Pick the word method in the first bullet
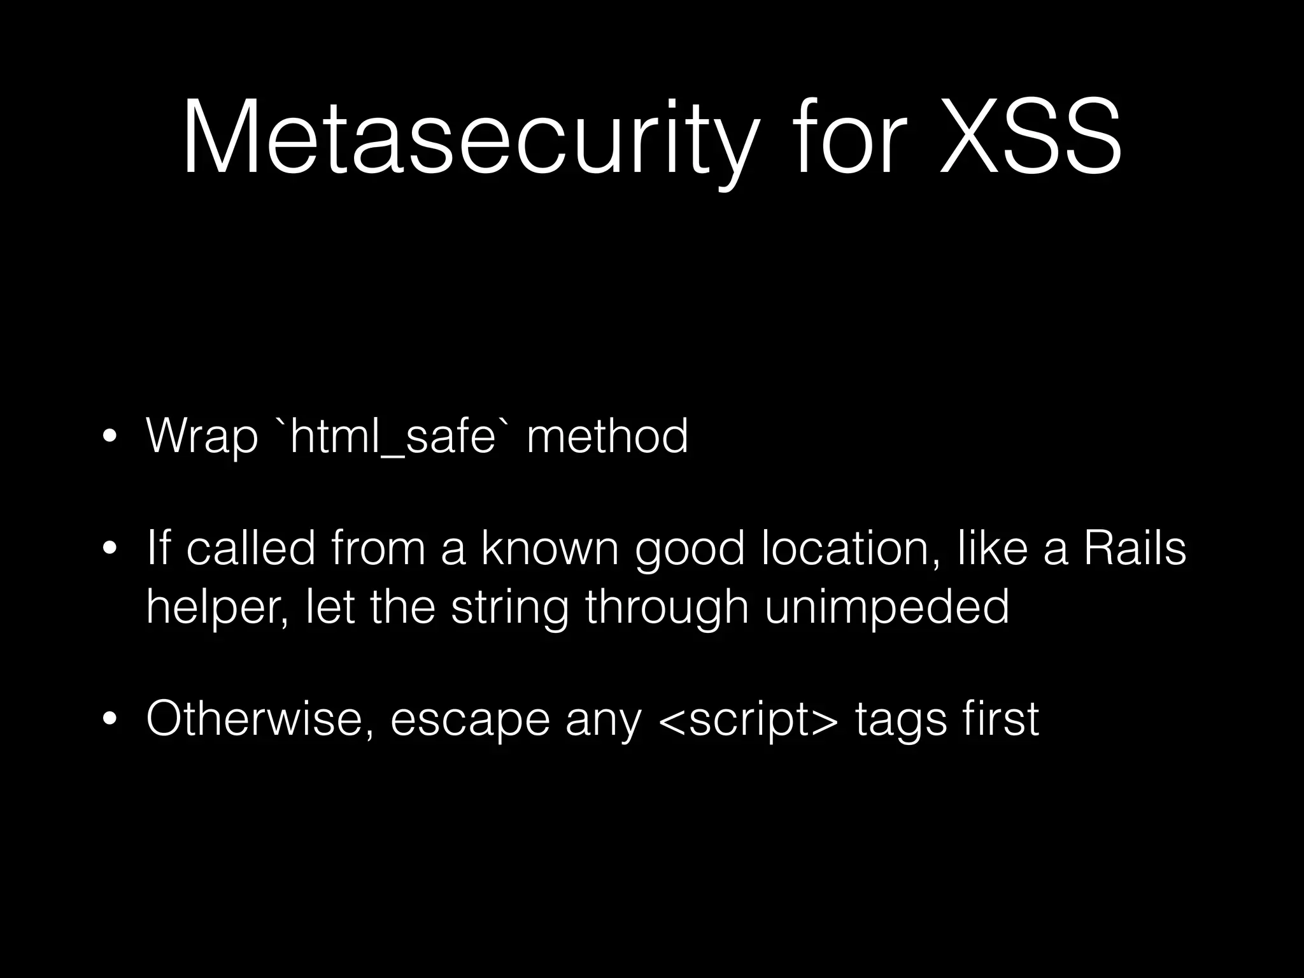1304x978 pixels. click(x=607, y=437)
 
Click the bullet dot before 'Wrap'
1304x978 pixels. click(x=110, y=438)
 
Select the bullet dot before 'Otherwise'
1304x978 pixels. click(x=110, y=720)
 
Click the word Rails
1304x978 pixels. click(x=1135, y=549)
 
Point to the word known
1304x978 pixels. click(x=549, y=549)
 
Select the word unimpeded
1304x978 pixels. click(x=887, y=606)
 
